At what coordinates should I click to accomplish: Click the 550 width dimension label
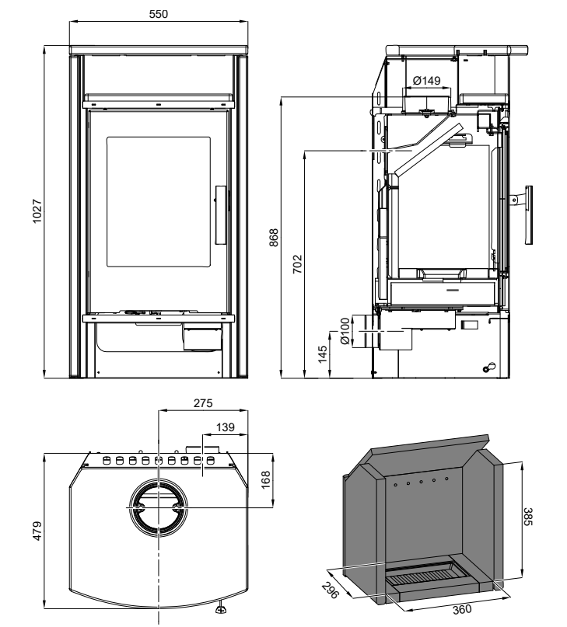pyautogui.click(x=158, y=14)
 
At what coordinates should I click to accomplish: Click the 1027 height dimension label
pyautogui.click(x=37, y=211)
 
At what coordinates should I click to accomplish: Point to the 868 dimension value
pyautogui.click(x=274, y=238)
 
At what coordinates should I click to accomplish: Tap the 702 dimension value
pyautogui.click(x=297, y=264)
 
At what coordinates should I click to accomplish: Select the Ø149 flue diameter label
pyautogui.click(x=426, y=81)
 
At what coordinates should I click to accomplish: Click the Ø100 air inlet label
pyautogui.click(x=345, y=331)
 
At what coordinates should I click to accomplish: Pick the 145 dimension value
pyautogui.click(x=322, y=354)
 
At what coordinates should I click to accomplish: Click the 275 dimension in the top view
pyautogui.click(x=203, y=403)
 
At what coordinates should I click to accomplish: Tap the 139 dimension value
pyautogui.click(x=225, y=427)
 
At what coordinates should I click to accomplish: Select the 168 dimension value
pyautogui.click(x=265, y=480)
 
